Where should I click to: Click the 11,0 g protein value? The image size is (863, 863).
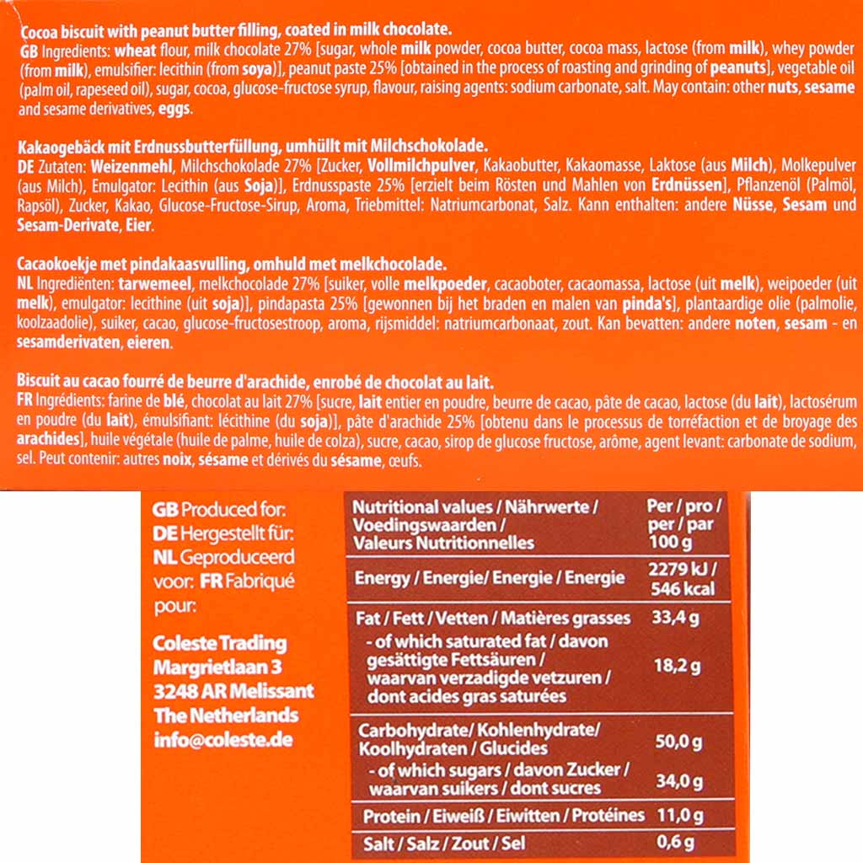[677, 815]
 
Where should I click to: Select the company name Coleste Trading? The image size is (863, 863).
[219, 643]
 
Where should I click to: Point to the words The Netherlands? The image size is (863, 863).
[226, 715]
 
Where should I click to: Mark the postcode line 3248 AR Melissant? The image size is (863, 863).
[233, 691]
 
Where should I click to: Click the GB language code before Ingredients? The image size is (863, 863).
[27, 50]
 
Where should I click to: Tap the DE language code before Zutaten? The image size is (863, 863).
[26, 162]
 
